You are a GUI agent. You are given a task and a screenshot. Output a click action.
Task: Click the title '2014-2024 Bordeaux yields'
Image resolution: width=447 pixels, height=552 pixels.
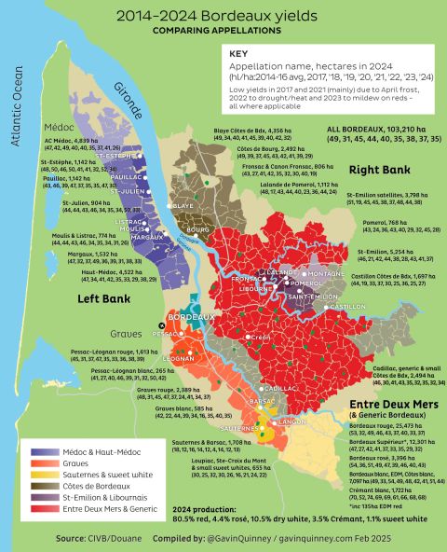point(223,17)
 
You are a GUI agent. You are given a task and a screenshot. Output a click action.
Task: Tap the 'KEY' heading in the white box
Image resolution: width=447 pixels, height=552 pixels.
point(240,55)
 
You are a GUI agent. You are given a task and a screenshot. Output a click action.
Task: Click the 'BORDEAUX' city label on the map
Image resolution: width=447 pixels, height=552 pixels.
point(186,317)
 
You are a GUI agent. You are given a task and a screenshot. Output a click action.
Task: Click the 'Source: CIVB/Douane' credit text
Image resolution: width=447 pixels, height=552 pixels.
point(98,538)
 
